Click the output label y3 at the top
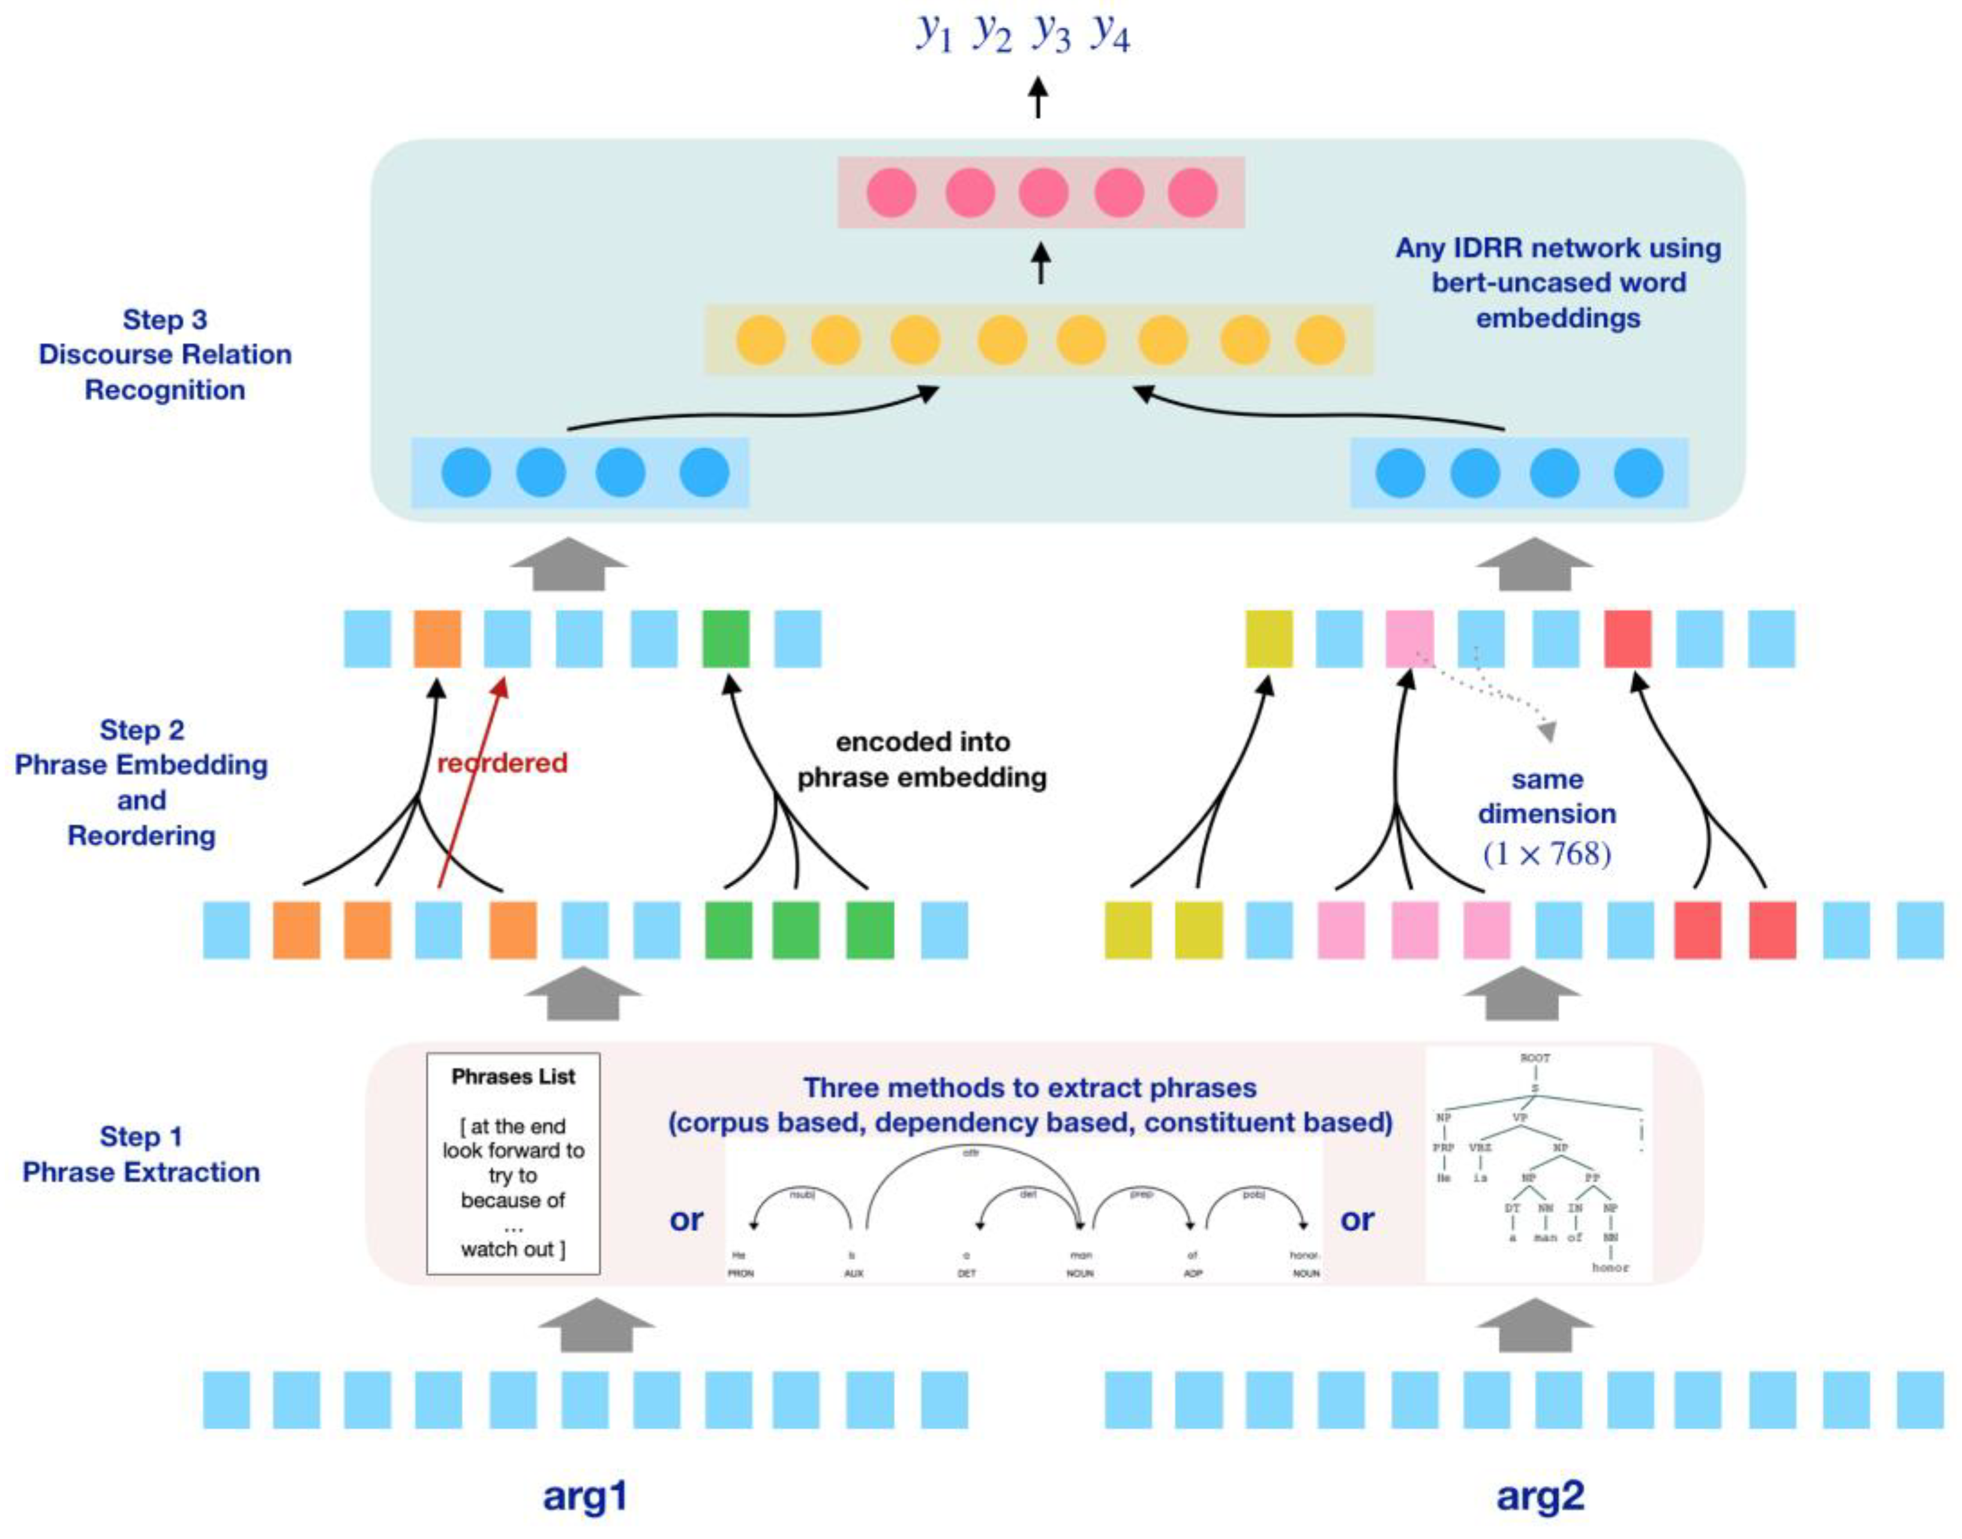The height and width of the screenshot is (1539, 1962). click(1051, 34)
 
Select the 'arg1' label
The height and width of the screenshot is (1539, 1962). click(584, 1496)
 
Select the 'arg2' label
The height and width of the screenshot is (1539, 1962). click(1540, 1496)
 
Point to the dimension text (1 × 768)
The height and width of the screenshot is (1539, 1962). click(1547, 853)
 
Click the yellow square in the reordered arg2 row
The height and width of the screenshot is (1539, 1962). click(1268, 639)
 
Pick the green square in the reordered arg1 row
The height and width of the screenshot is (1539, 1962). click(725, 639)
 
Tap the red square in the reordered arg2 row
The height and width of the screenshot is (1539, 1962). click(1628, 639)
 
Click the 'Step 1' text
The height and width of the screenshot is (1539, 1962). click(142, 1136)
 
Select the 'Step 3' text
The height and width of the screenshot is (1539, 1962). click(165, 320)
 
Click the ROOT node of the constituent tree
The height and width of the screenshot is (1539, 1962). click(1535, 1058)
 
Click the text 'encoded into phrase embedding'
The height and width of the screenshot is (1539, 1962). click(922, 760)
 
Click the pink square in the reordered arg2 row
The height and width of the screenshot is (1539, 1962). click(1409, 639)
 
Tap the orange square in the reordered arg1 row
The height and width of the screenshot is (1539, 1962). click(437, 639)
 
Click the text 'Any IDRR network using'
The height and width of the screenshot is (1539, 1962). click(1558, 248)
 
